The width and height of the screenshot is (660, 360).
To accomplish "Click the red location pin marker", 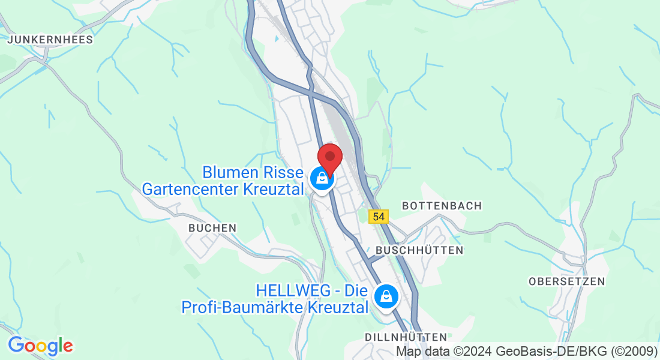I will click(x=329, y=157).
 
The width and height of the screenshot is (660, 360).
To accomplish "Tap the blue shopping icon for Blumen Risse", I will click(x=322, y=178).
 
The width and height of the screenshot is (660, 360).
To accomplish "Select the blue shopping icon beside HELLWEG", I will click(x=386, y=296).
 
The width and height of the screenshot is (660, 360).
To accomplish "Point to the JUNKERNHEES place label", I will click(x=50, y=40).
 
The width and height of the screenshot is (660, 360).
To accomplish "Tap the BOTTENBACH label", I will click(x=442, y=206).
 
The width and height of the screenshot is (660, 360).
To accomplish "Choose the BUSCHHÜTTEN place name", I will click(x=419, y=250).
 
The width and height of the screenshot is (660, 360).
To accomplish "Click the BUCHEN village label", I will click(x=212, y=228).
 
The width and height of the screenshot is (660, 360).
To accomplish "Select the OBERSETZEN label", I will click(x=567, y=281).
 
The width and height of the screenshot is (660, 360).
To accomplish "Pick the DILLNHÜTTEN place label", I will click(x=406, y=337).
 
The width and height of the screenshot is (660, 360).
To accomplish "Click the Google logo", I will click(x=40, y=346).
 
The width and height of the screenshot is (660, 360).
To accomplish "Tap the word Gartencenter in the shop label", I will click(x=191, y=189).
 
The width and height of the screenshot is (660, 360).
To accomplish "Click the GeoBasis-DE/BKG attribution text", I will click(x=552, y=351).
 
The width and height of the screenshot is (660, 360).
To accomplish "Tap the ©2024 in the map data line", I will click(x=474, y=351).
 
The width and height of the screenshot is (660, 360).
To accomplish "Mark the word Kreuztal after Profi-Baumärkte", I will click(x=337, y=308).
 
